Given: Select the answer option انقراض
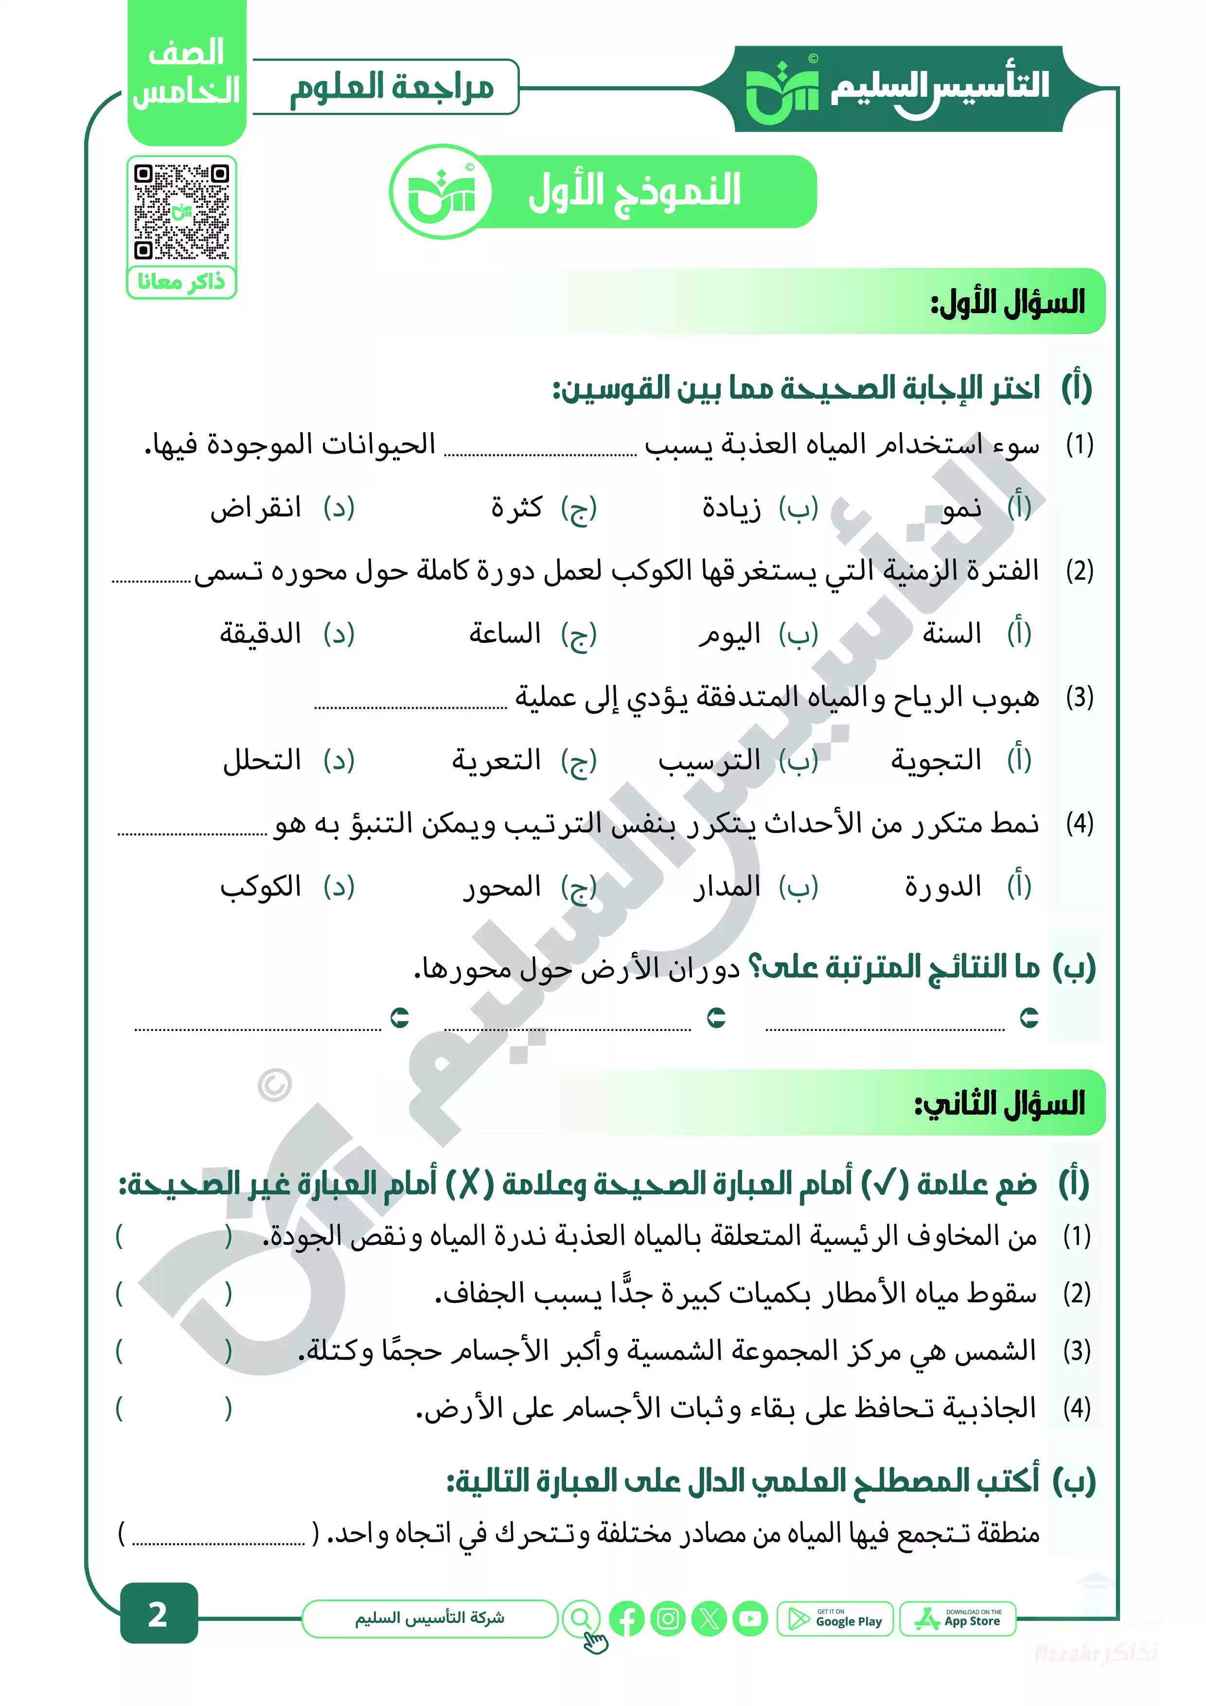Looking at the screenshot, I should tap(256, 508).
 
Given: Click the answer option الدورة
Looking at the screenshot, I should tap(942, 887).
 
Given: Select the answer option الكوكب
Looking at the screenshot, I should tap(260, 887).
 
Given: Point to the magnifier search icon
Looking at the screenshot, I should tap(581, 1617).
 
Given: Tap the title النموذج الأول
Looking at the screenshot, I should tap(634, 191).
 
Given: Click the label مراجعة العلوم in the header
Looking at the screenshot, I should tap(391, 88).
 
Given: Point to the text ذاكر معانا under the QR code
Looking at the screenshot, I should tap(181, 283).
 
